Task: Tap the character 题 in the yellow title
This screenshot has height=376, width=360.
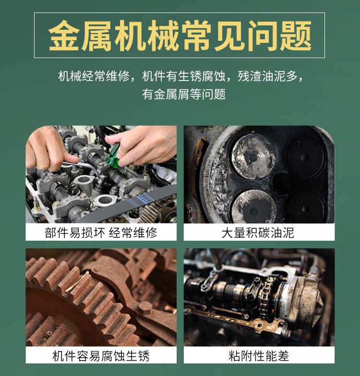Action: click(x=296, y=35)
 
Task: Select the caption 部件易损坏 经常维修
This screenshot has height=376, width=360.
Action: click(x=101, y=233)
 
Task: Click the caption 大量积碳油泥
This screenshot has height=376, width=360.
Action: click(x=258, y=233)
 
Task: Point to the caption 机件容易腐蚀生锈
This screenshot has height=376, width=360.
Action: click(x=101, y=356)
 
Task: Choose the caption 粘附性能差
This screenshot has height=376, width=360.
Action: click(x=259, y=356)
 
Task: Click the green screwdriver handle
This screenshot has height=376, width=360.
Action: click(x=113, y=156)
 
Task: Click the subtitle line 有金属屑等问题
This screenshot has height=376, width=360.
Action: click(x=184, y=94)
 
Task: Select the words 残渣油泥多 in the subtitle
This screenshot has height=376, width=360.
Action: click(x=267, y=76)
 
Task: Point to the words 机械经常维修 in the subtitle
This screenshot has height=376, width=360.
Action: click(x=94, y=76)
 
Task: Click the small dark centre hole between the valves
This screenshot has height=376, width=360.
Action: click(x=281, y=183)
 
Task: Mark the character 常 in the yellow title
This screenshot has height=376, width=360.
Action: click(x=196, y=35)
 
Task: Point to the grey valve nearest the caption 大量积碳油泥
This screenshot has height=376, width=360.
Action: click(x=254, y=206)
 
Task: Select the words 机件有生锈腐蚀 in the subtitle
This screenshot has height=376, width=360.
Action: click(x=183, y=76)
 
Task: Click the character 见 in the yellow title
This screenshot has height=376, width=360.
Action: click(x=229, y=35)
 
